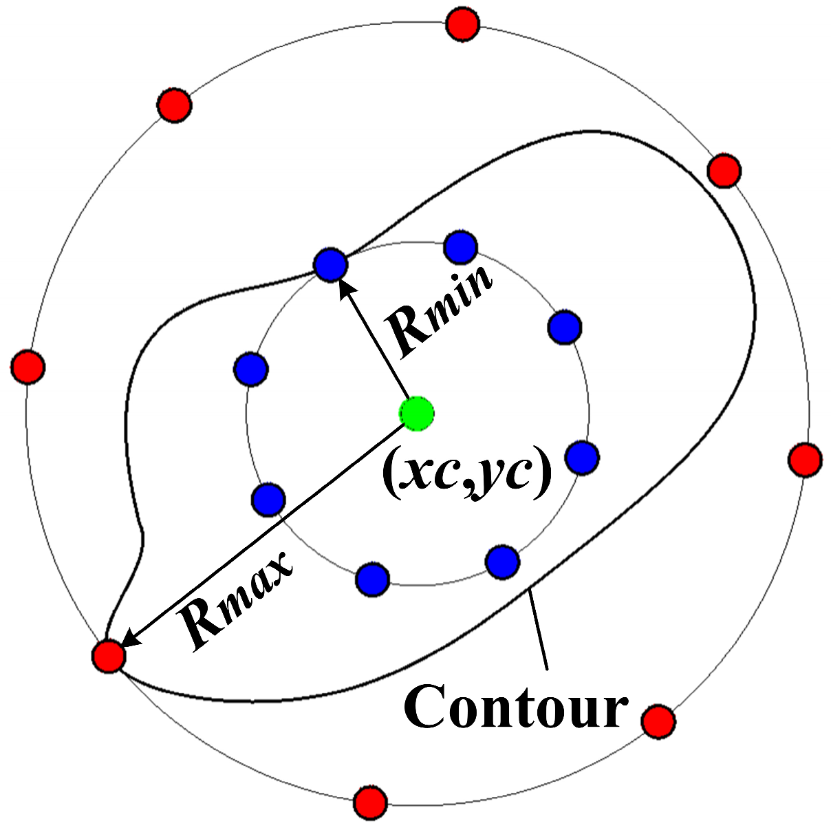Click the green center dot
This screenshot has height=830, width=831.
(416, 414)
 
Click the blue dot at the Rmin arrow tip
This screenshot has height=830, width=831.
(330, 264)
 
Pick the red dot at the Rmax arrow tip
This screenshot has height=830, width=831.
(109, 655)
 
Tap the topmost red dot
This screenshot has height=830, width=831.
(462, 25)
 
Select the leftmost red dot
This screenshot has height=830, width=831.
(28, 365)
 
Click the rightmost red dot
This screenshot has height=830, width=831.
(804, 460)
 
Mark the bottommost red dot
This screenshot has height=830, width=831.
(371, 802)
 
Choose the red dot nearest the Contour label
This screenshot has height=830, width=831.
(658, 721)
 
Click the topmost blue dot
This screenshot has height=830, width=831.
(461, 247)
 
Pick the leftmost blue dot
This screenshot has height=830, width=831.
(250, 370)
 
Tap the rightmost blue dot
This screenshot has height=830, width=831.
(582, 457)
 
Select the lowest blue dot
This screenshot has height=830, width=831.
(372, 579)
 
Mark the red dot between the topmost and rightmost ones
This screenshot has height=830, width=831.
(724, 170)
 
